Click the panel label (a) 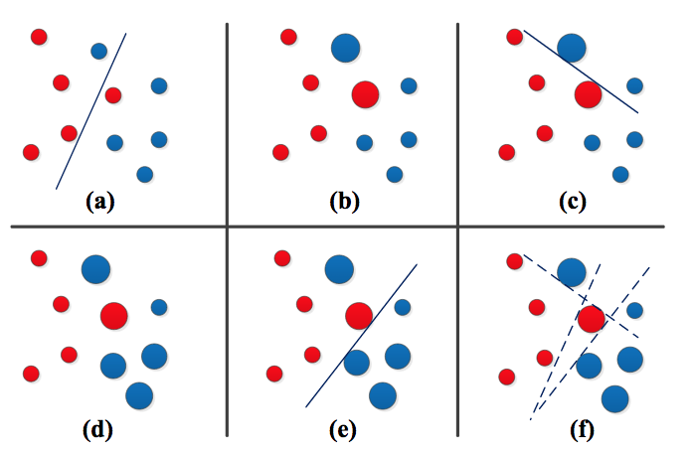pos(99,203)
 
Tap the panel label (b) pos(344,203)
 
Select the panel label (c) pos(571,203)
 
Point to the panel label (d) pos(99,430)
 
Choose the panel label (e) pos(344,430)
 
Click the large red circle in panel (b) pos(366,94)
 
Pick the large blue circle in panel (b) pos(345,46)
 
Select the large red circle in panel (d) pos(114,316)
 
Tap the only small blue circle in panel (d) pos(159,307)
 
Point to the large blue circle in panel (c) pos(572,46)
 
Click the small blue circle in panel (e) pos(403,307)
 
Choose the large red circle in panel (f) pos(591,319)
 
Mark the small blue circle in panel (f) pos(634,310)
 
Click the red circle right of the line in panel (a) pos(113,94)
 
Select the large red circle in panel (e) pos(359,316)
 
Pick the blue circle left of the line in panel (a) pos(98,51)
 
